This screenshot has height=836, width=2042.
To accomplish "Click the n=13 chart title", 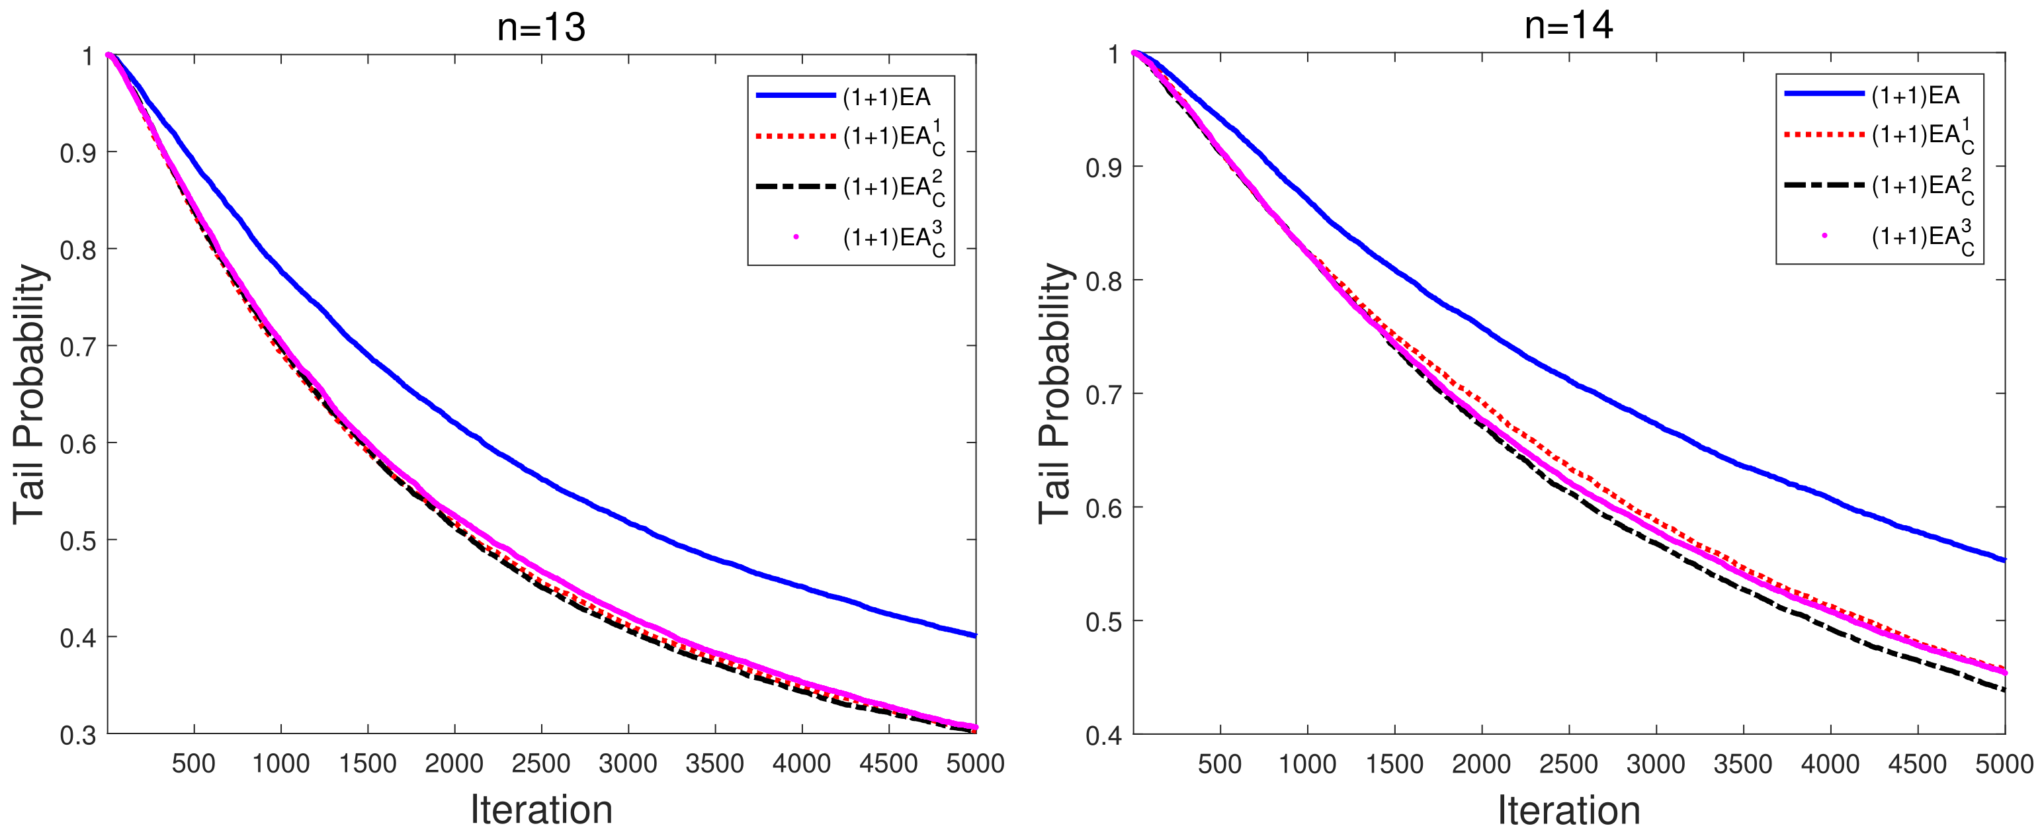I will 540,28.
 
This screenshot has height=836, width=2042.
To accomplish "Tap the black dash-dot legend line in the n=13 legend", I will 795,187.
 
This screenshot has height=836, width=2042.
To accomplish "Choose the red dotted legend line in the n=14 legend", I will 1823,135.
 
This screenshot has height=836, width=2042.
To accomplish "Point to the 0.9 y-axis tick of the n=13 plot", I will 77,152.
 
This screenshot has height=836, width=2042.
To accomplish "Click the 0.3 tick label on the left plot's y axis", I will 77,735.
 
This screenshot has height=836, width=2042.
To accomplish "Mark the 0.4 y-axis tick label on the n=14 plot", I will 1103,735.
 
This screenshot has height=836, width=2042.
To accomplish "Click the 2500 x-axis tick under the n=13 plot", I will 540,763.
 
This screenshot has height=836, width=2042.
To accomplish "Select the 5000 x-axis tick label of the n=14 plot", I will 2004,764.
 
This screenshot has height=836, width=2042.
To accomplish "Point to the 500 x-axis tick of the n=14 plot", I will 1219,764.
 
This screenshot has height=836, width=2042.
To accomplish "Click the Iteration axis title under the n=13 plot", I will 540,810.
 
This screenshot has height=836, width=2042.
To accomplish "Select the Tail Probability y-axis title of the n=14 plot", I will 1054,393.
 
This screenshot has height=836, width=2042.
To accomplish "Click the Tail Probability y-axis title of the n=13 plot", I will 29,393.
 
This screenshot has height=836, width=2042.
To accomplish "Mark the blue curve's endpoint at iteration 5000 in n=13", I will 975,635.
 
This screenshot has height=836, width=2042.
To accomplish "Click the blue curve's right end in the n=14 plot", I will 2004,560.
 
